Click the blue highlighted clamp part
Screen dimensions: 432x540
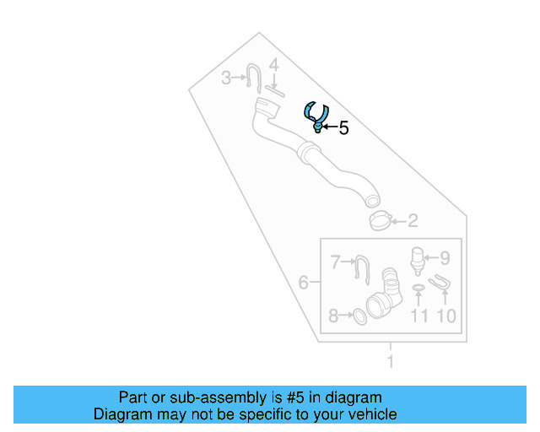tap(316, 116)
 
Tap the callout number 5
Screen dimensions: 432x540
tap(343, 128)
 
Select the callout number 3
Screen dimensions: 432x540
tap(225, 78)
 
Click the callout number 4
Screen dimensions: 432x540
tap(273, 64)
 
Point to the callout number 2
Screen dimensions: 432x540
tap(413, 222)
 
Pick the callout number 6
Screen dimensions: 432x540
tap(303, 283)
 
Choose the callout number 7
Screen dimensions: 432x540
tap(335, 262)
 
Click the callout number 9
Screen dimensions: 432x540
tap(444, 258)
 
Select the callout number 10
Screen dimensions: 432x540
tap(445, 316)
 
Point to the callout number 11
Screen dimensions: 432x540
tap(419, 316)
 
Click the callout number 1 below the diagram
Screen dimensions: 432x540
tap(390, 364)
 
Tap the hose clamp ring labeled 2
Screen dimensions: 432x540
tap(381, 221)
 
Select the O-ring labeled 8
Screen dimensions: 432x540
tap(358, 316)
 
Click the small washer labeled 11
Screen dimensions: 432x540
tap(418, 290)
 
